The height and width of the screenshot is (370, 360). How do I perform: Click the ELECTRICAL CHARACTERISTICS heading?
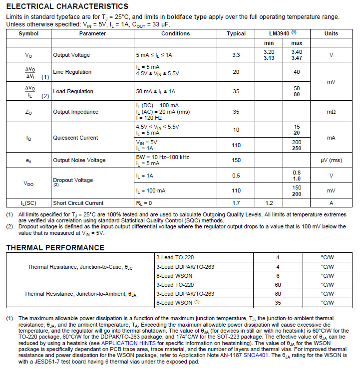tap(67, 6)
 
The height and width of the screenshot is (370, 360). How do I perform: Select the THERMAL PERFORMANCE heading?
tap(55, 248)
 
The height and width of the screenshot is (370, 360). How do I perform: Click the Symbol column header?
tap(28, 33)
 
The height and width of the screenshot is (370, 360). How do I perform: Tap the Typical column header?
tap(236, 33)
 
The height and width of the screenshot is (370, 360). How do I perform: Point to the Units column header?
tap(331, 33)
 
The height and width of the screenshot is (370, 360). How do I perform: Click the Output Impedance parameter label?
tap(76, 112)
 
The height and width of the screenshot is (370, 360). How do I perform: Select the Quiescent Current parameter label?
tap(75, 138)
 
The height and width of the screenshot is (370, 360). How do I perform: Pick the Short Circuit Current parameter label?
tap(78, 203)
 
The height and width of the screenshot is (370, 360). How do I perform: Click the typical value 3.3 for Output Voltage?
tap(236, 55)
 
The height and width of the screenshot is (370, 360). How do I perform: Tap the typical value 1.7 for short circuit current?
tap(236, 203)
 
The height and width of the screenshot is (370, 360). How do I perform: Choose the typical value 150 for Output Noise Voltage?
tap(236, 160)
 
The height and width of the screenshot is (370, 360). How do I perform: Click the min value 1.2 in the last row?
tap(269, 203)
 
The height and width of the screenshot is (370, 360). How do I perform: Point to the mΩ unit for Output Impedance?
tap(331, 112)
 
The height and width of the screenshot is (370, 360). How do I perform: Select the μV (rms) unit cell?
tap(331, 160)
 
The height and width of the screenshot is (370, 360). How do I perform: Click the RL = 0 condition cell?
tap(144, 203)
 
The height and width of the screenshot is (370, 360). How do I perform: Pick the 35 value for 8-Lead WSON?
tap(236, 302)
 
